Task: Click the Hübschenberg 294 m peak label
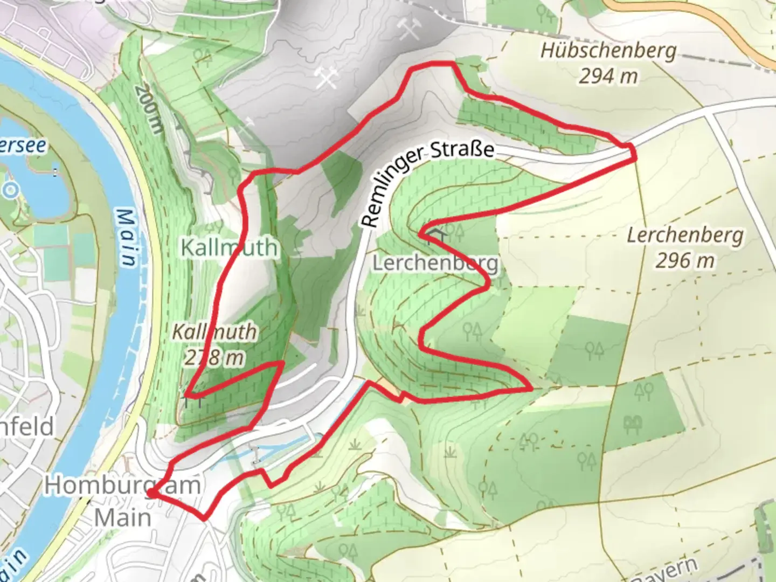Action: tap(608, 63)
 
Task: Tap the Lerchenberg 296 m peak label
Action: tap(685, 248)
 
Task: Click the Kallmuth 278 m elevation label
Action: tap(214, 344)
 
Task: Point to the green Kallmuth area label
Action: tap(230, 247)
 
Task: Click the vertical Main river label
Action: tap(126, 238)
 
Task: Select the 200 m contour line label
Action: tap(149, 109)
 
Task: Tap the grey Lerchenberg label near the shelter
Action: tap(435, 264)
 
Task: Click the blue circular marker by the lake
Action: tap(10, 190)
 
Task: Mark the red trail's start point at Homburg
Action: tap(152, 493)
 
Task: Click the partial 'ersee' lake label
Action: tap(23, 145)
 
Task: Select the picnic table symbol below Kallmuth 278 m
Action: tap(192, 400)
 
